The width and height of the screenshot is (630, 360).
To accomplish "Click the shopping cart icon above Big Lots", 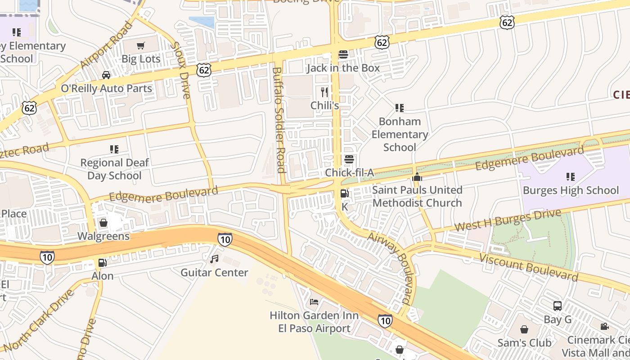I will pos(141,45).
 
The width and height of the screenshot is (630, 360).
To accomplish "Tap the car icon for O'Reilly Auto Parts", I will pos(106,75).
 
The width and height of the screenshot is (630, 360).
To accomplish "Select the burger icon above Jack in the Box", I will pos(343,54).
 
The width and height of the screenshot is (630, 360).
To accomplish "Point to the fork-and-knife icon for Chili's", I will pos(324,92).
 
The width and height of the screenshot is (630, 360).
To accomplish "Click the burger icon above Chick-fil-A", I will pos(349,159).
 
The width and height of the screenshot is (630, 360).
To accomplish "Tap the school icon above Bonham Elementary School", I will pos(399,108).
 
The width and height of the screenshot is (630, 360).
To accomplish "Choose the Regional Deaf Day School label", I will pos(114,169).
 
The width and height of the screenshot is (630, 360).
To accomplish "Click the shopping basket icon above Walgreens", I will pos(103,223).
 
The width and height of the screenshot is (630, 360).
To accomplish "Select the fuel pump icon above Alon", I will pos(103,262).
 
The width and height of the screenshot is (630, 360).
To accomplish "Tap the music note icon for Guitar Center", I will pos(214,259).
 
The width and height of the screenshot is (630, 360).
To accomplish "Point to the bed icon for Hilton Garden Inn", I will pos(314,302).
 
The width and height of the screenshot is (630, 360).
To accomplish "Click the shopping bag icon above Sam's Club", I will pos(524,329).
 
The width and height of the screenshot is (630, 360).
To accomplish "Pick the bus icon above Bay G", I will pos(558,306).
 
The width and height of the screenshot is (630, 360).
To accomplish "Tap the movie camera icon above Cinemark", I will pos(604,326).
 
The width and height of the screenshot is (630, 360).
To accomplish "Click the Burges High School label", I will pos(571,190).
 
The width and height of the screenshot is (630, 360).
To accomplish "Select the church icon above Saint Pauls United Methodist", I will pos(417,177).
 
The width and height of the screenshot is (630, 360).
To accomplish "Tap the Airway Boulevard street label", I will pos(390,268).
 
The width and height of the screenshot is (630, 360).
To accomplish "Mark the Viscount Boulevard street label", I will pos(528,267).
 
